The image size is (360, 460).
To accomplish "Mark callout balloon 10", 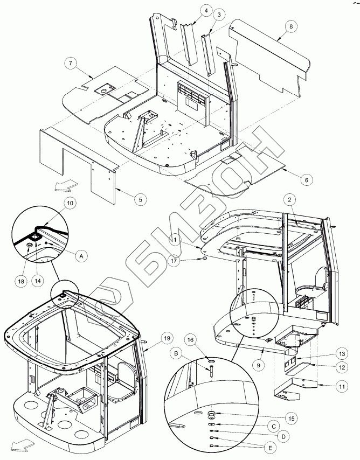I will [x=70, y=203].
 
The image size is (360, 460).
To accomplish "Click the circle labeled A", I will [x=81, y=257].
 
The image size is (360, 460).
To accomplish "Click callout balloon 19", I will [x=167, y=338].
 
